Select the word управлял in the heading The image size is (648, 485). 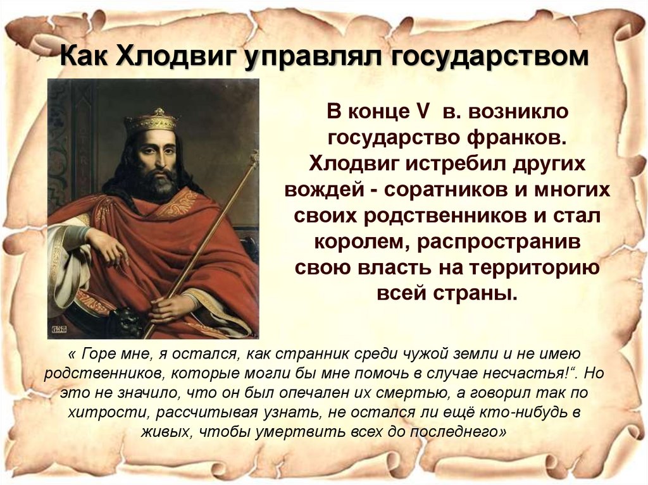tap(310, 59)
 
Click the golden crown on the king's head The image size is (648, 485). tap(150, 120)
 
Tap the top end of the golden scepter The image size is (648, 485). tap(254, 156)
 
